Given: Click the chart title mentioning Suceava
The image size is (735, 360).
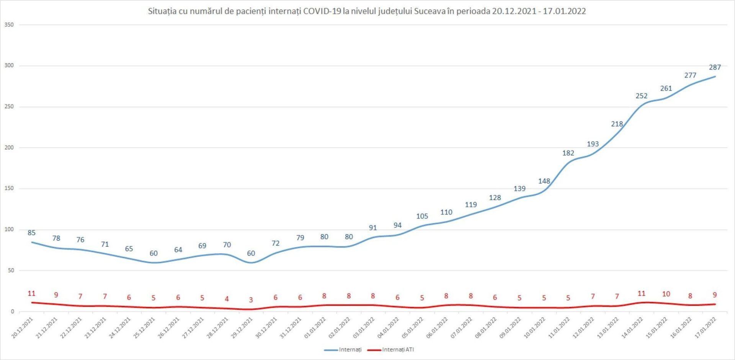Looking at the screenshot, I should click(x=367, y=11).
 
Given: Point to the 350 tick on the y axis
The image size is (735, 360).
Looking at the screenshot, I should click(x=9, y=25).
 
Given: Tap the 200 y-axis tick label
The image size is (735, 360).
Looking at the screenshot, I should click(x=9, y=148).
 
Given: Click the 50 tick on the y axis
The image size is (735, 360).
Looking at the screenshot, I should click(x=10, y=270).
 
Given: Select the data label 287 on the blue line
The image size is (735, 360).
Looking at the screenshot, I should click(x=715, y=67).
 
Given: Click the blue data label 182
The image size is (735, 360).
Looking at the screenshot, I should click(x=568, y=153).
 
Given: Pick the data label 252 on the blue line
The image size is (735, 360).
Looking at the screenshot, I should click(x=642, y=96).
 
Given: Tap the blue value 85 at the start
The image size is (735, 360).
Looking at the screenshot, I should click(x=31, y=233).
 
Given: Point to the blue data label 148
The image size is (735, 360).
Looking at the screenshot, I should click(x=544, y=181).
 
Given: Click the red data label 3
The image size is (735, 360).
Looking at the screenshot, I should click(x=251, y=300).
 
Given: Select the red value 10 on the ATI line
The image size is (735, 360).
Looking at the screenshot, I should click(x=666, y=294).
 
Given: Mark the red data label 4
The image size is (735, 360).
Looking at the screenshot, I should click(x=227, y=299).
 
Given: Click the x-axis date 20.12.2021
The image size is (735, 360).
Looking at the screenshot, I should click(x=23, y=328).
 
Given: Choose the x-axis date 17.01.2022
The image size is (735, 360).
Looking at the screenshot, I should click(x=706, y=328).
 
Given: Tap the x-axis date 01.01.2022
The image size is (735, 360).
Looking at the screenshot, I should click(x=315, y=328).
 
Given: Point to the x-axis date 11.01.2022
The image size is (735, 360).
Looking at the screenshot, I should click(x=559, y=328).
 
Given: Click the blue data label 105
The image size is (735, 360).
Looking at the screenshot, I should click(x=422, y=216).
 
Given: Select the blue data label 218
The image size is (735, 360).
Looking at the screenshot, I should click(x=617, y=124).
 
